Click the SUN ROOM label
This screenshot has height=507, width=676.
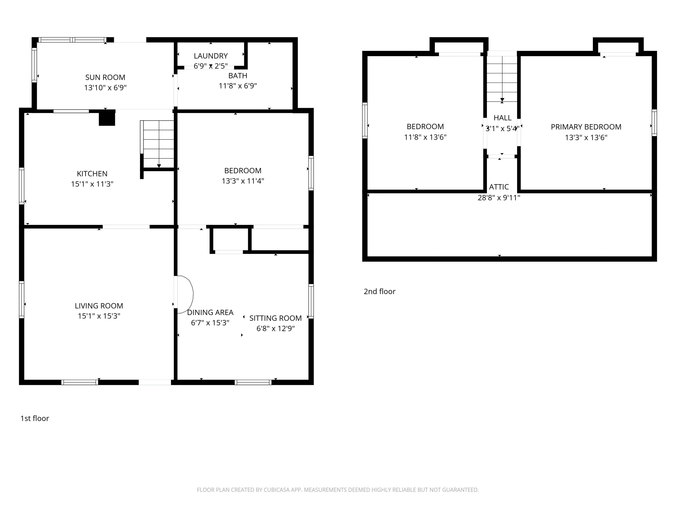(105, 77)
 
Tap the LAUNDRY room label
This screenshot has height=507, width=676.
(210, 56)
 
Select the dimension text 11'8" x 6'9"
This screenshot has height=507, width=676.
(238, 86)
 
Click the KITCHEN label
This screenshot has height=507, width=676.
(92, 174)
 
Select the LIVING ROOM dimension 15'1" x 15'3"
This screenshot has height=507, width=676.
(99, 316)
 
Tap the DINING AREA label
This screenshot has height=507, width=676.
(210, 312)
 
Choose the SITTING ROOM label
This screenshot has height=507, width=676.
(275, 318)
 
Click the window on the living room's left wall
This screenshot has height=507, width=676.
(22, 299)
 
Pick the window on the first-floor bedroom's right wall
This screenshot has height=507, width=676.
(311, 173)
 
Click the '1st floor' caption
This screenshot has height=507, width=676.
(34, 418)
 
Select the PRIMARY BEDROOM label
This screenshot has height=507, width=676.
(586, 127)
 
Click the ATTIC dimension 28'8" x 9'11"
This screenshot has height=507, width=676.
(499, 198)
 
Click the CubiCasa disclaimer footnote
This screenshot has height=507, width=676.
(338, 490)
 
